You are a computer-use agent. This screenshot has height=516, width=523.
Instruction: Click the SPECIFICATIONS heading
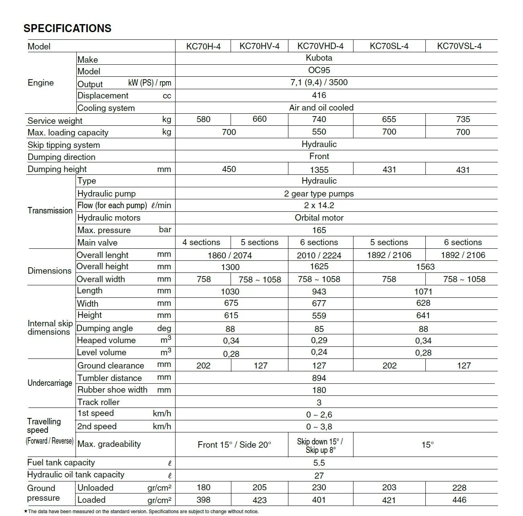click(67, 29)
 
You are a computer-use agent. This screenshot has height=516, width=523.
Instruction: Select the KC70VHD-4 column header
click(320, 46)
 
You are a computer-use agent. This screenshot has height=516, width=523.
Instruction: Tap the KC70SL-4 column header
click(389, 46)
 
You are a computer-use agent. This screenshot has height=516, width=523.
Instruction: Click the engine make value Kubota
click(319, 58)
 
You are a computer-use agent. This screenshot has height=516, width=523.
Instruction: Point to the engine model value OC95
click(319, 70)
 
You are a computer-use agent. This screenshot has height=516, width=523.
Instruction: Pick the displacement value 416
click(319, 95)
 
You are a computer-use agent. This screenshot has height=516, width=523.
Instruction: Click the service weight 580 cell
click(203, 119)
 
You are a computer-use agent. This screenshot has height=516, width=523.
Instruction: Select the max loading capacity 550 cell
click(319, 132)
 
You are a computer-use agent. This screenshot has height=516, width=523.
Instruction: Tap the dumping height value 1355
click(319, 170)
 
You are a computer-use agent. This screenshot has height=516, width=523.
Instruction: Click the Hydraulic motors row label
click(109, 218)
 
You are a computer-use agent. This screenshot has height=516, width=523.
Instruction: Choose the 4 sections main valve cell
click(201, 242)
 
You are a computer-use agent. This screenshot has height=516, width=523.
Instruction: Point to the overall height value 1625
click(319, 266)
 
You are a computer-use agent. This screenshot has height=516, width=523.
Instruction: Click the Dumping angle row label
click(104, 328)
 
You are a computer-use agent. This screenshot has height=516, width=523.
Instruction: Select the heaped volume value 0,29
click(319, 340)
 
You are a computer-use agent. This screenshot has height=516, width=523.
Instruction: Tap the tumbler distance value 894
click(319, 378)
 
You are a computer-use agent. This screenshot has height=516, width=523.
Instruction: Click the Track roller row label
click(98, 402)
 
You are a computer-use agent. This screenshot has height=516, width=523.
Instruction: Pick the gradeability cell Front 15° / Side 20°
click(234, 444)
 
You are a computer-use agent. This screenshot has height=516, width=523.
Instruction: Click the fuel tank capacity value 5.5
click(319, 463)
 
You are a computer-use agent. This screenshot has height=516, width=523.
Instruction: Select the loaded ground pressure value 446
click(459, 500)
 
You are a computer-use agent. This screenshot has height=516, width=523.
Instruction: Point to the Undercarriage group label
click(50, 383)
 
